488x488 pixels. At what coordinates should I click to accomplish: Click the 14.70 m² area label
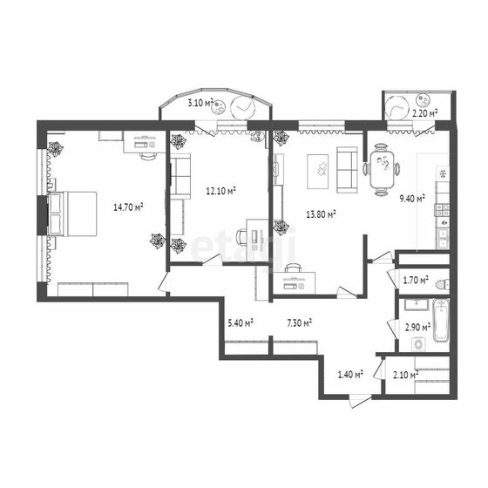tap(128, 207)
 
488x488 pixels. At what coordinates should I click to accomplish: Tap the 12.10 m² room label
tap(220, 191)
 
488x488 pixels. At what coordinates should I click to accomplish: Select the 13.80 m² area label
tap(321, 214)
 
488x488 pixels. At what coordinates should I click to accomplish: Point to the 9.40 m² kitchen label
tap(412, 199)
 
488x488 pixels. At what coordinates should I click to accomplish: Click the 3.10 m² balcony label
tap(200, 103)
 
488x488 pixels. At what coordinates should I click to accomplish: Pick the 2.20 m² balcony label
tap(425, 113)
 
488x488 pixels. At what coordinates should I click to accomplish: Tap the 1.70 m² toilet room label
tap(416, 280)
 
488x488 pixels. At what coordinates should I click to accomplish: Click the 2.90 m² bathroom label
tap(417, 327)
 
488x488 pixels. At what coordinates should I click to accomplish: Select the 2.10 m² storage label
tap(405, 375)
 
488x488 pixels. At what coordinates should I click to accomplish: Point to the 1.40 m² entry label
tap(350, 374)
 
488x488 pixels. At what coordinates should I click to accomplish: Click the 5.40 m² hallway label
tap(241, 322)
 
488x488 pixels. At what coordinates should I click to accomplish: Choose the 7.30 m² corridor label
tap(300, 323)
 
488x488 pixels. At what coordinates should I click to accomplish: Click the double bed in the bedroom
tap(71, 213)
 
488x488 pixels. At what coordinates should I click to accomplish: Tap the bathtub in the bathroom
tap(441, 321)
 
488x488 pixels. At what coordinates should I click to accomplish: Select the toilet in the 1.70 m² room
tap(443, 284)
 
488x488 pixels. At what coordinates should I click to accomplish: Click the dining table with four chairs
tap(382, 170)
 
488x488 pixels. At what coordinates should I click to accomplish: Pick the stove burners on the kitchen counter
tap(442, 209)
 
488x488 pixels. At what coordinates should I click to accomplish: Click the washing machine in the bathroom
tap(418, 344)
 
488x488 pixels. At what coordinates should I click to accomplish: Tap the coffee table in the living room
tap(317, 172)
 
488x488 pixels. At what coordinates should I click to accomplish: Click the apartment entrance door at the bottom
tap(360, 402)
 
